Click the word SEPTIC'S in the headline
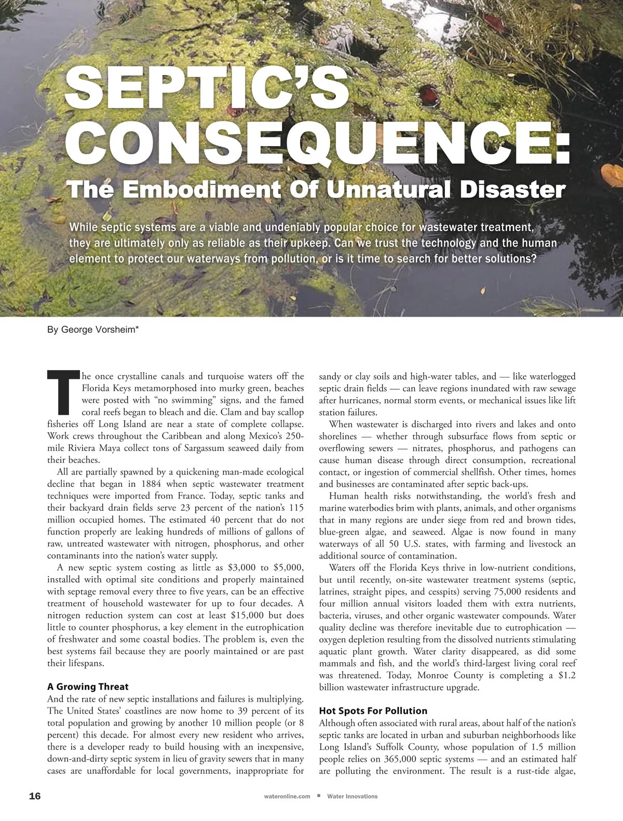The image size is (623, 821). coord(208,88)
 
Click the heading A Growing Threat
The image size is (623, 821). coord(88,687)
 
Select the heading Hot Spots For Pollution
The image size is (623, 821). coord(373,710)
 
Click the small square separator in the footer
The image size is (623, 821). coord(318,796)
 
